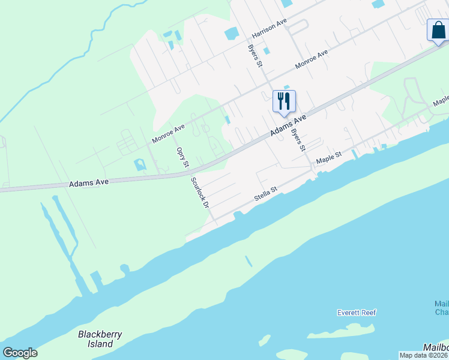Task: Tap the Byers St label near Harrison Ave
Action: coord(256,55)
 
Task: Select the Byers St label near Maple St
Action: coord(298,139)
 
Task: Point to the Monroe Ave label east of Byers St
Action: coord(312,60)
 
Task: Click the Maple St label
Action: coord(329,158)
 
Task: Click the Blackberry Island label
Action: coord(95,339)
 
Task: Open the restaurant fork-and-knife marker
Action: coord(285,101)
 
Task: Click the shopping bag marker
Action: coord(438,29)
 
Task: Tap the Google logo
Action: coord(20,352)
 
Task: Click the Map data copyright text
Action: coord(424,355)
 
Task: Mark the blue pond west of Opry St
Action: coord(139,164)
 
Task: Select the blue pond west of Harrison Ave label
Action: coord(231,34)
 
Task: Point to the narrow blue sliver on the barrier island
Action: coord(249,261)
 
